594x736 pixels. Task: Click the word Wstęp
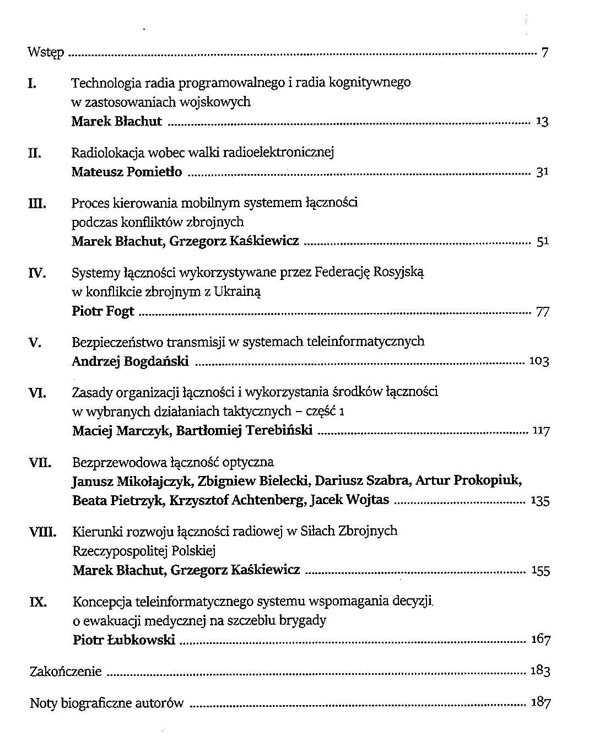[x=46, y=53]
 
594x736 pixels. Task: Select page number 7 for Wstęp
[x=544, y=53]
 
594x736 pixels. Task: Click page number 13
[x=542, y=122]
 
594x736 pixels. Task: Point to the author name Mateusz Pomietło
[x=127, y=172]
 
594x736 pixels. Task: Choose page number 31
[x=542, y=172]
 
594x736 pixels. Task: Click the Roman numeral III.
[x=37, y=204]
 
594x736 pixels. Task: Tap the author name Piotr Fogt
[x=103, y=311]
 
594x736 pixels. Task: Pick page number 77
[x=542, y=312]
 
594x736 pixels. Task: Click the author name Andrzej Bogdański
[x=131, y=361]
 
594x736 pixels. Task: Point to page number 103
[x=539, y=362]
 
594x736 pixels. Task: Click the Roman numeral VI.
[x=37, y=393]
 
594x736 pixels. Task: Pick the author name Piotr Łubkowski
[x=124, y=640]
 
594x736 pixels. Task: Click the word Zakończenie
[x=66, y=672]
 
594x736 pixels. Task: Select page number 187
[x=541, y=702]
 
